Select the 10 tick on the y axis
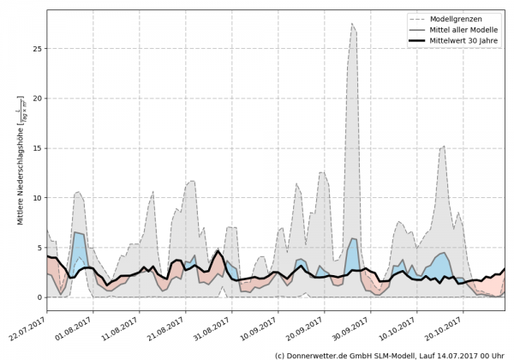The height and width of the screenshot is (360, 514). pos(37,198)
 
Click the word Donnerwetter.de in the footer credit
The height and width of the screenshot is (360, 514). pos(317,354)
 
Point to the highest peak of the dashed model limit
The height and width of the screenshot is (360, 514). pos(352,24)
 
